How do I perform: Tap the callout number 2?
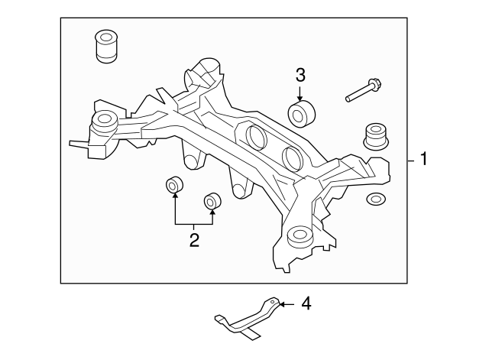(193, 241)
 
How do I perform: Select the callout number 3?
(300, 75)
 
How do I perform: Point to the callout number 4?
(306, 304)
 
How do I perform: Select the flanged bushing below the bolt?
(375, 136)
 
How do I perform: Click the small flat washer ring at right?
(376, 200)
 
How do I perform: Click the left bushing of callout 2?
(175, 185)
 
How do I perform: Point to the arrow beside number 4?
(285, 304)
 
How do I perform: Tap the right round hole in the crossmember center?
(293, 157)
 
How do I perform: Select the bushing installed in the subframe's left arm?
(103, 122)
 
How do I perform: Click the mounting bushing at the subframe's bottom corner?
(298, 237)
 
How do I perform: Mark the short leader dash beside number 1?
(410, 161)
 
